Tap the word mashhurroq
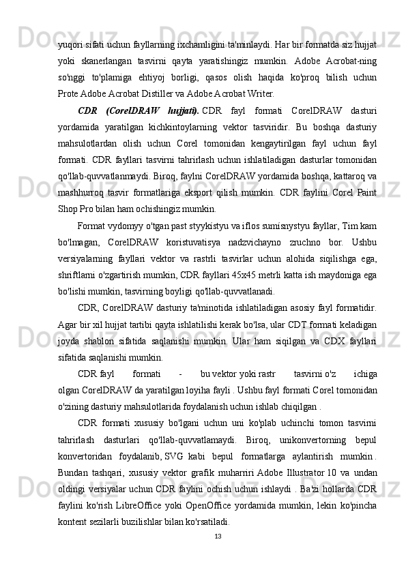click(80, 192)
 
